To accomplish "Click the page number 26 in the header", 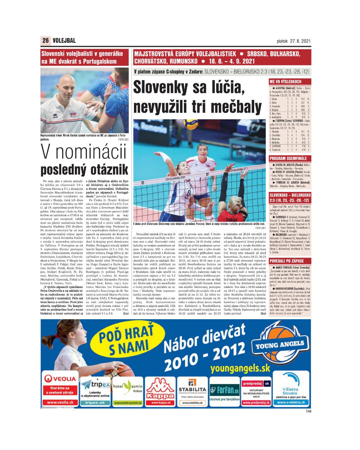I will tap(46, 40).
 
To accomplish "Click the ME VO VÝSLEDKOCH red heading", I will tap(285, 82).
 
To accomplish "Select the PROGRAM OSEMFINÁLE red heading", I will tap(288, 159).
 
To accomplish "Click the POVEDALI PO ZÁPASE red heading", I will tap(287, 261).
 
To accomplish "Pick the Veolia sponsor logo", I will tap(60, 379).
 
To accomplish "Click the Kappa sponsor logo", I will tap(160, 390).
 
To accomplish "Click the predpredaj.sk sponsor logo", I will tap(256, 383).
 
